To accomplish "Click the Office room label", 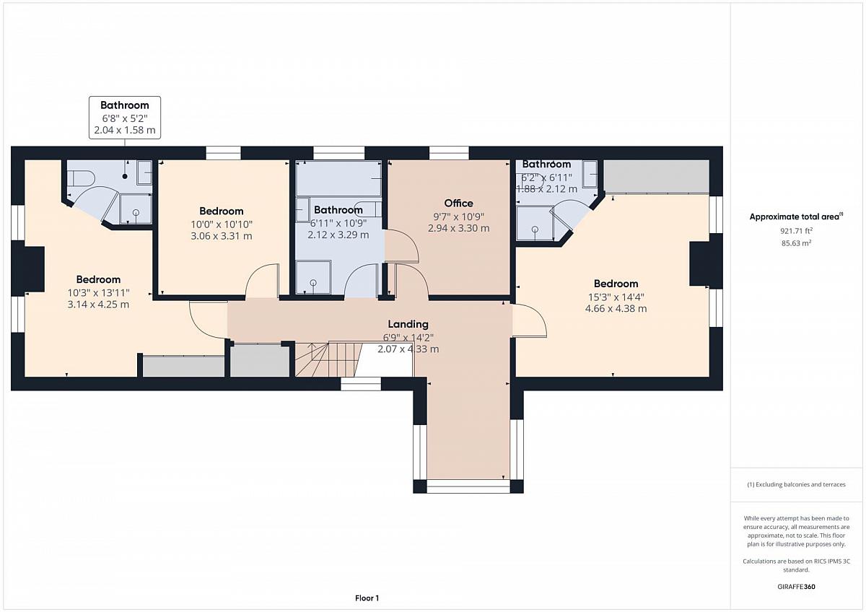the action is click(x=458, y=203).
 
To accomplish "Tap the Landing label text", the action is click(x=408, y=324).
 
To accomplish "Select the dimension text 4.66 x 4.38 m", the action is click(x=616, y=308).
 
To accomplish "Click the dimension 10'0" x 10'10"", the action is click(x=222, y=224).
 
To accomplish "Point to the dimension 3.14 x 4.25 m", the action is click(x=98, y=305).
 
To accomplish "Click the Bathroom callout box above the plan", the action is click(x=125, y=118).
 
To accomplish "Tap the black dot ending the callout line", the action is click(x=125, y=176).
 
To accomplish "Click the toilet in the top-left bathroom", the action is click(x=81, y=178).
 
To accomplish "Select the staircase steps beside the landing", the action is click(x=328, y=359).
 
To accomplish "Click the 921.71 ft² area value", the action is click(x=796, y=231).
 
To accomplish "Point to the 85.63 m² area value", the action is click(x=796, y=243).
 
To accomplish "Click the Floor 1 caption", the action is click(x=367, y=598).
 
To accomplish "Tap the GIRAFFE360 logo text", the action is click(x=796, y=587).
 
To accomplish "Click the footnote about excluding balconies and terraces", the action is click(x=796, y=484).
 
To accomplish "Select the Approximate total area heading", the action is click(x=796, y=217).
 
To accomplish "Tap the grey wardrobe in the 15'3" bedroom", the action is click(x=657, y=177).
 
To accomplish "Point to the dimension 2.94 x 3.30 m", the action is click(x=458, y=228).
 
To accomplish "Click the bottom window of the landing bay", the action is click(x=468, y=486).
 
